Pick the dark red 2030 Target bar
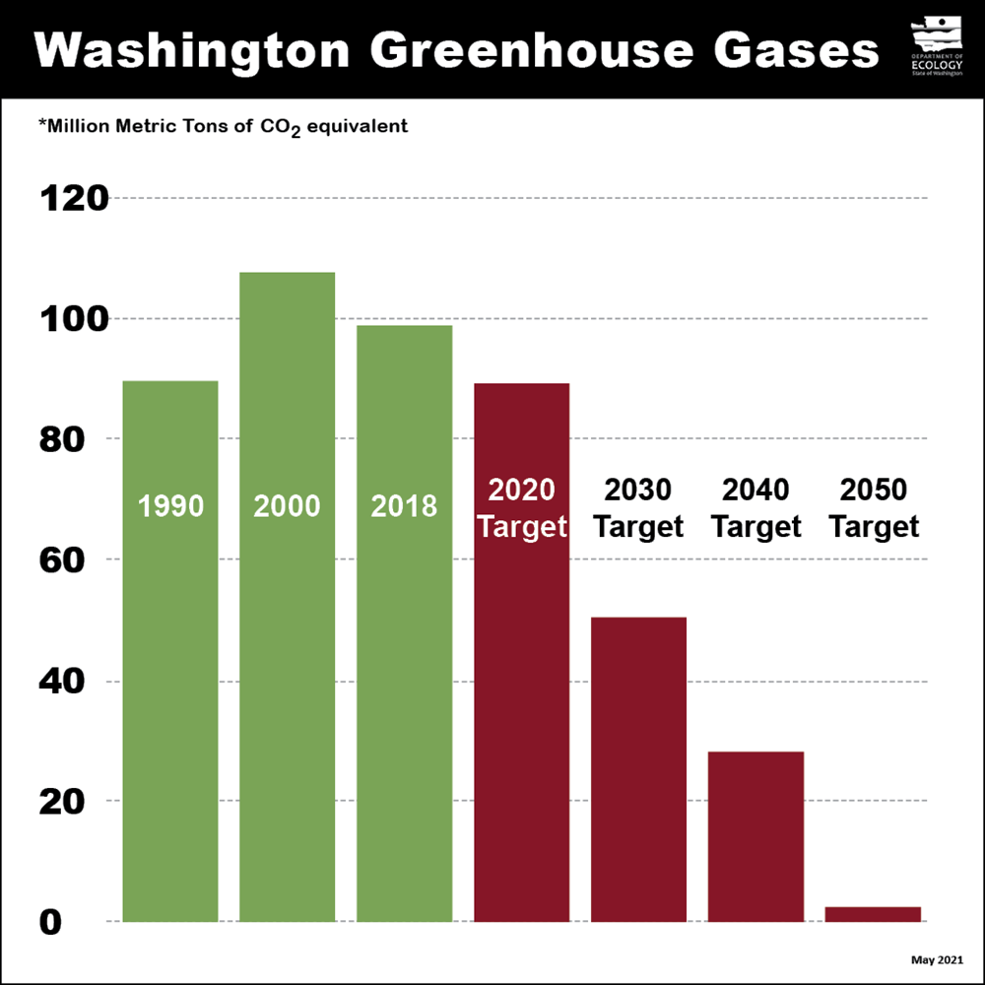(638, 768)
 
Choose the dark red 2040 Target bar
(755, 837)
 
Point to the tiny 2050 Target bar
(873, 914)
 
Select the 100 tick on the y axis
(73, 319)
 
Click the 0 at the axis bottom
(51, 922)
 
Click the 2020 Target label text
(521, 507)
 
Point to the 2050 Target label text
(873, 507)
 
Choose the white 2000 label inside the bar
(287, 506)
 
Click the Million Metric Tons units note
(223, 127)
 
